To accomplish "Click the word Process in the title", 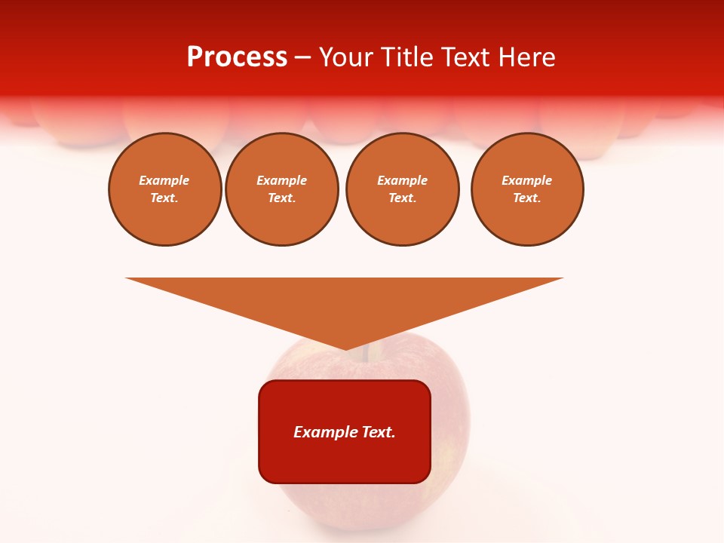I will click(237, 57).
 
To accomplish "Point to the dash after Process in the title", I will click(302, 58).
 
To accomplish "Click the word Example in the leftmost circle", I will click(164, 180).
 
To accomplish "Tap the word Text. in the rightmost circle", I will click(526, 198).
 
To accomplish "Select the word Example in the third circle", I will click(402, 180).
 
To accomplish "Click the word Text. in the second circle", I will click(281, 198).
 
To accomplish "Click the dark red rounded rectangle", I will click(345, 460).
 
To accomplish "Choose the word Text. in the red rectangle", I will click(379, 432).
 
